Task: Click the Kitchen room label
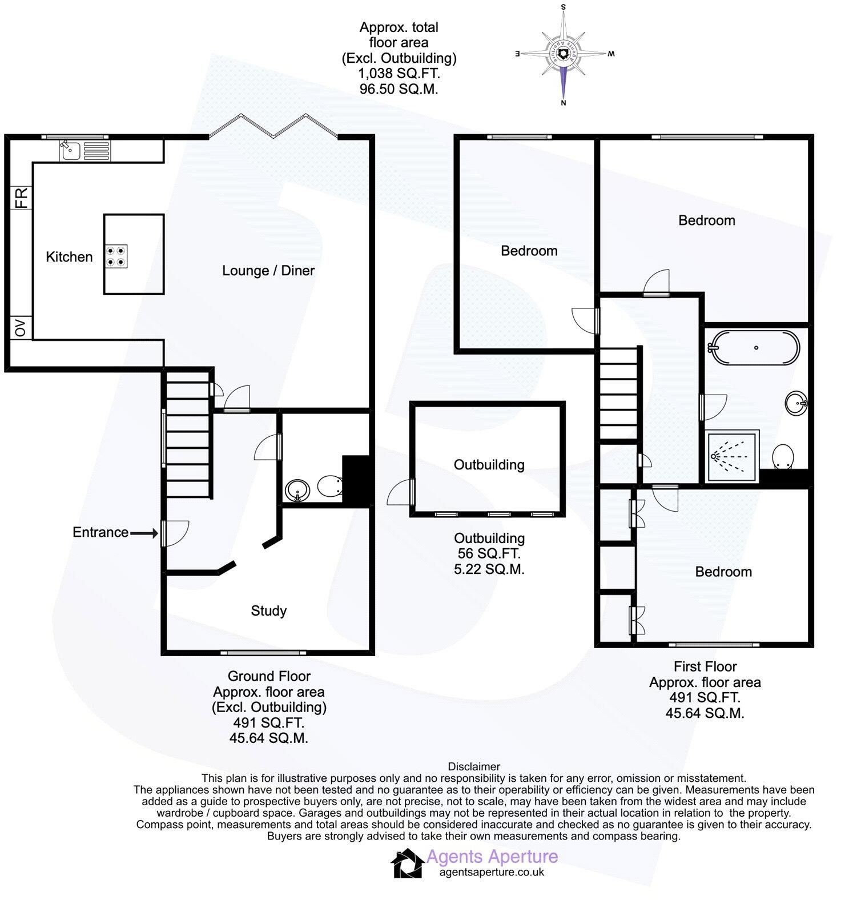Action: click(69, 257)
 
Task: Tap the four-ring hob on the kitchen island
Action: click(116, 256)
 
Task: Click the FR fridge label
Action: click(21, 198)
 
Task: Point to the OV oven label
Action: click(21, 328)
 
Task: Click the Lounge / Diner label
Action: click(268, 271)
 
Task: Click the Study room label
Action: click(268, 611)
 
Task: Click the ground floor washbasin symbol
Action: click(297, 490)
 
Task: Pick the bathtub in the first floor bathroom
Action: click(754, 347)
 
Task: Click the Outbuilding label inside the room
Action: click(489, 465)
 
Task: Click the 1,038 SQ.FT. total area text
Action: click(399, 74)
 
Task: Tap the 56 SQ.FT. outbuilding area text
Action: click(489, 553)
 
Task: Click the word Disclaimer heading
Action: click(474, 767)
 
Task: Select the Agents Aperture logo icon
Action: click(407, 863)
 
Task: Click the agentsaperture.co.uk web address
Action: click(492, 872)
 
